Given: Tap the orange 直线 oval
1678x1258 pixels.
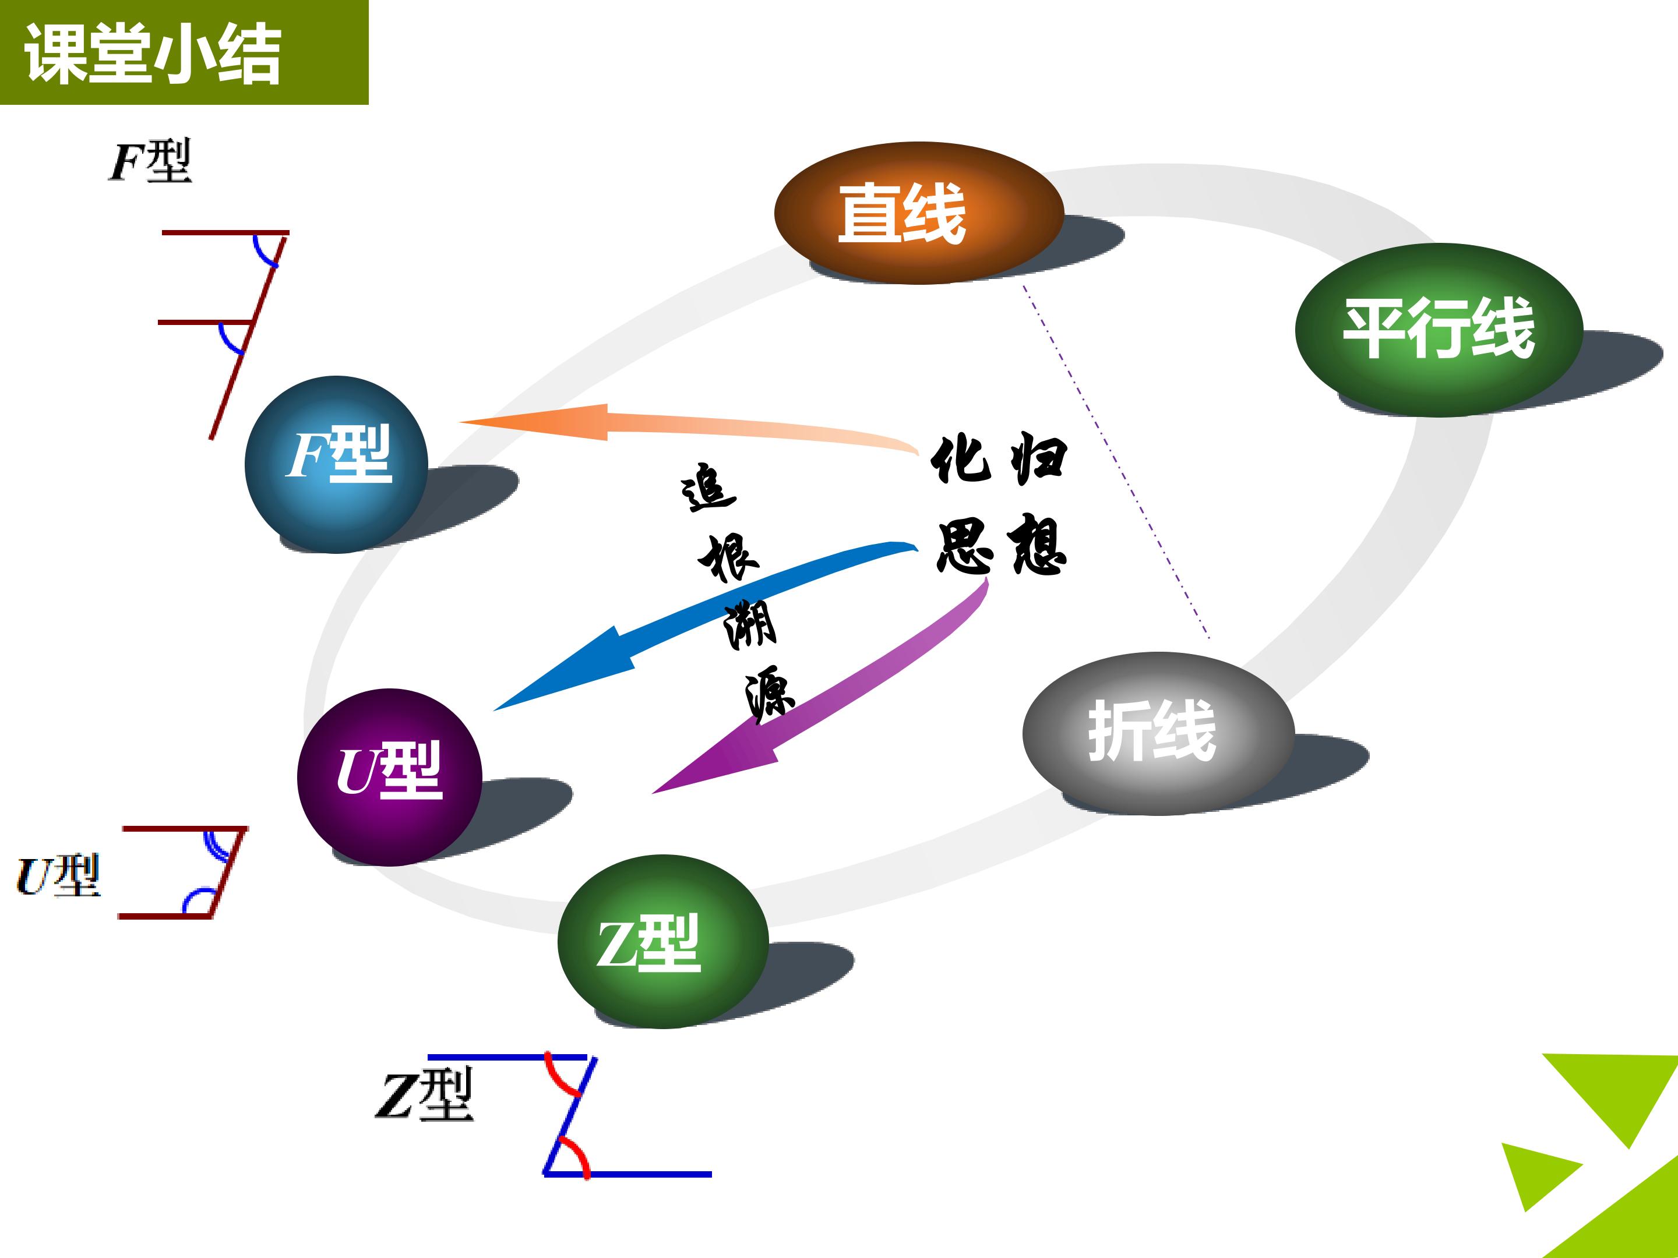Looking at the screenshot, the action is pyautogui.click(x=919, y=213).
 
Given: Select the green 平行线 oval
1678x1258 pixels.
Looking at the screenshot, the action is pyautogui.click(x=1439, y=329).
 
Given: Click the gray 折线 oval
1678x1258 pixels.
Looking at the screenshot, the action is pyautogui.click(x=1158, y=733).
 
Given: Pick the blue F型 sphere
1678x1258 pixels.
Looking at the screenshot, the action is pyautogui.click(x=336, y=464).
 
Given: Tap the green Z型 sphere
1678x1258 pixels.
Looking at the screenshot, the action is pyautogui.click(x=663, y=941).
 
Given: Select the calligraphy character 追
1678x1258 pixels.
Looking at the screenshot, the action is pyautogui.click(x=708, y=487).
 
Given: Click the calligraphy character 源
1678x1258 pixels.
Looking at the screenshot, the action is pyautogui.click(x=769, y=694).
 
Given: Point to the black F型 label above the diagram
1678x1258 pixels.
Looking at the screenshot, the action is pyautogui.click(x=150, y=161).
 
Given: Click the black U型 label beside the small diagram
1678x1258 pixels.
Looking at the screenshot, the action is pyautogui.click(x=58, y=876).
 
